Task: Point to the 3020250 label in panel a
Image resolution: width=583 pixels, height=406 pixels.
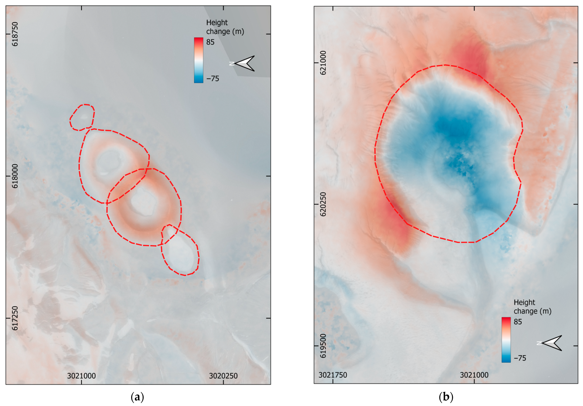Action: click(x=223, y=376)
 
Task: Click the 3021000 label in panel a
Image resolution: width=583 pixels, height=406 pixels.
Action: click(x=81, y=376)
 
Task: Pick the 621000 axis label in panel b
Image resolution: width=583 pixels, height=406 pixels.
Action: click(x=323, y=63)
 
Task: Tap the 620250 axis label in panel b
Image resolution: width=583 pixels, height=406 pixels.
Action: click(x=323, y=204)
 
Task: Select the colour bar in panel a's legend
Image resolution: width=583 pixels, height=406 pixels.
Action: click(x=199, y=60)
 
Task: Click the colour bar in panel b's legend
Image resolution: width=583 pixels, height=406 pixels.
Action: click(x=506, y=340)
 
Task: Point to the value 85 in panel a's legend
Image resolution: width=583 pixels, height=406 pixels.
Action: click(x=210, y=42)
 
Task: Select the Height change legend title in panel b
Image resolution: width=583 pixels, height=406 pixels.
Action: click(x=532, y=307)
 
